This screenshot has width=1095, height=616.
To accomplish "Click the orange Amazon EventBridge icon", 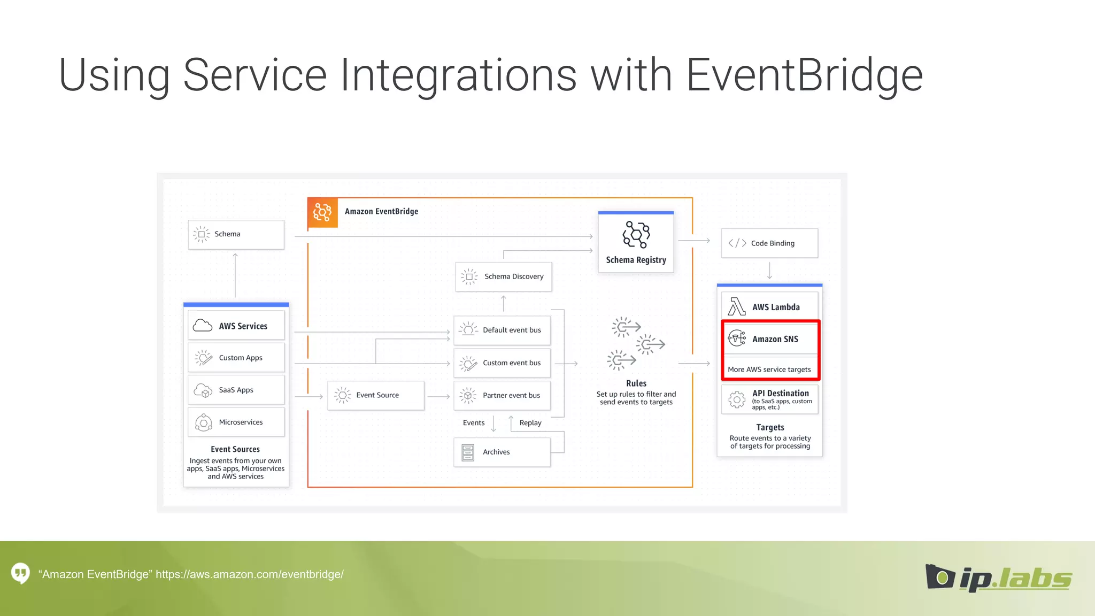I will (322, 212).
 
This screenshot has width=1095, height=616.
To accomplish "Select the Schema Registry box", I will (636, 243).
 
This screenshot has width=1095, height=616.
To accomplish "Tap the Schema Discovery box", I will (503, 276).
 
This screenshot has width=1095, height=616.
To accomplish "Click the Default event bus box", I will (502, 330).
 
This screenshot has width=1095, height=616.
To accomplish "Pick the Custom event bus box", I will (502, 363).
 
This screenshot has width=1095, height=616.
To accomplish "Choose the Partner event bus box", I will (502, 395).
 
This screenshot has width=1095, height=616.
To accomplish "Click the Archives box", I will (502, 452).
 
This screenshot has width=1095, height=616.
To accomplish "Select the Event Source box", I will (376, 395).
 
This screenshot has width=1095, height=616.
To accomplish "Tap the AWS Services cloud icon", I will (203, 325).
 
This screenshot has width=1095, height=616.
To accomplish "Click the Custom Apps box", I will (236, 358).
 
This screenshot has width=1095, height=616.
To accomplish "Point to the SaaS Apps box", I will (236, 390).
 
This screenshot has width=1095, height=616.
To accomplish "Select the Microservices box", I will (236, 422).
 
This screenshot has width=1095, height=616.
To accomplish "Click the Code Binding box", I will (769, 243).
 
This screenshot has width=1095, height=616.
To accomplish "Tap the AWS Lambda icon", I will (736, 307).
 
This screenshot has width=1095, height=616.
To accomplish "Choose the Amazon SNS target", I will (770, 338).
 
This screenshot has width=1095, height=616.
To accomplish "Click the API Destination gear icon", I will (737, 399).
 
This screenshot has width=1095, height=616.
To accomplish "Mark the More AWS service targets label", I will (769, 369).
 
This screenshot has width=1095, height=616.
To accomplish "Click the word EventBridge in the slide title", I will (804, 75).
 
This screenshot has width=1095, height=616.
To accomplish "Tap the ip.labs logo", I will (999, 577).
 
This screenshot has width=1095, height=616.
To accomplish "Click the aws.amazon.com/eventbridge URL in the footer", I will (250, 574).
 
